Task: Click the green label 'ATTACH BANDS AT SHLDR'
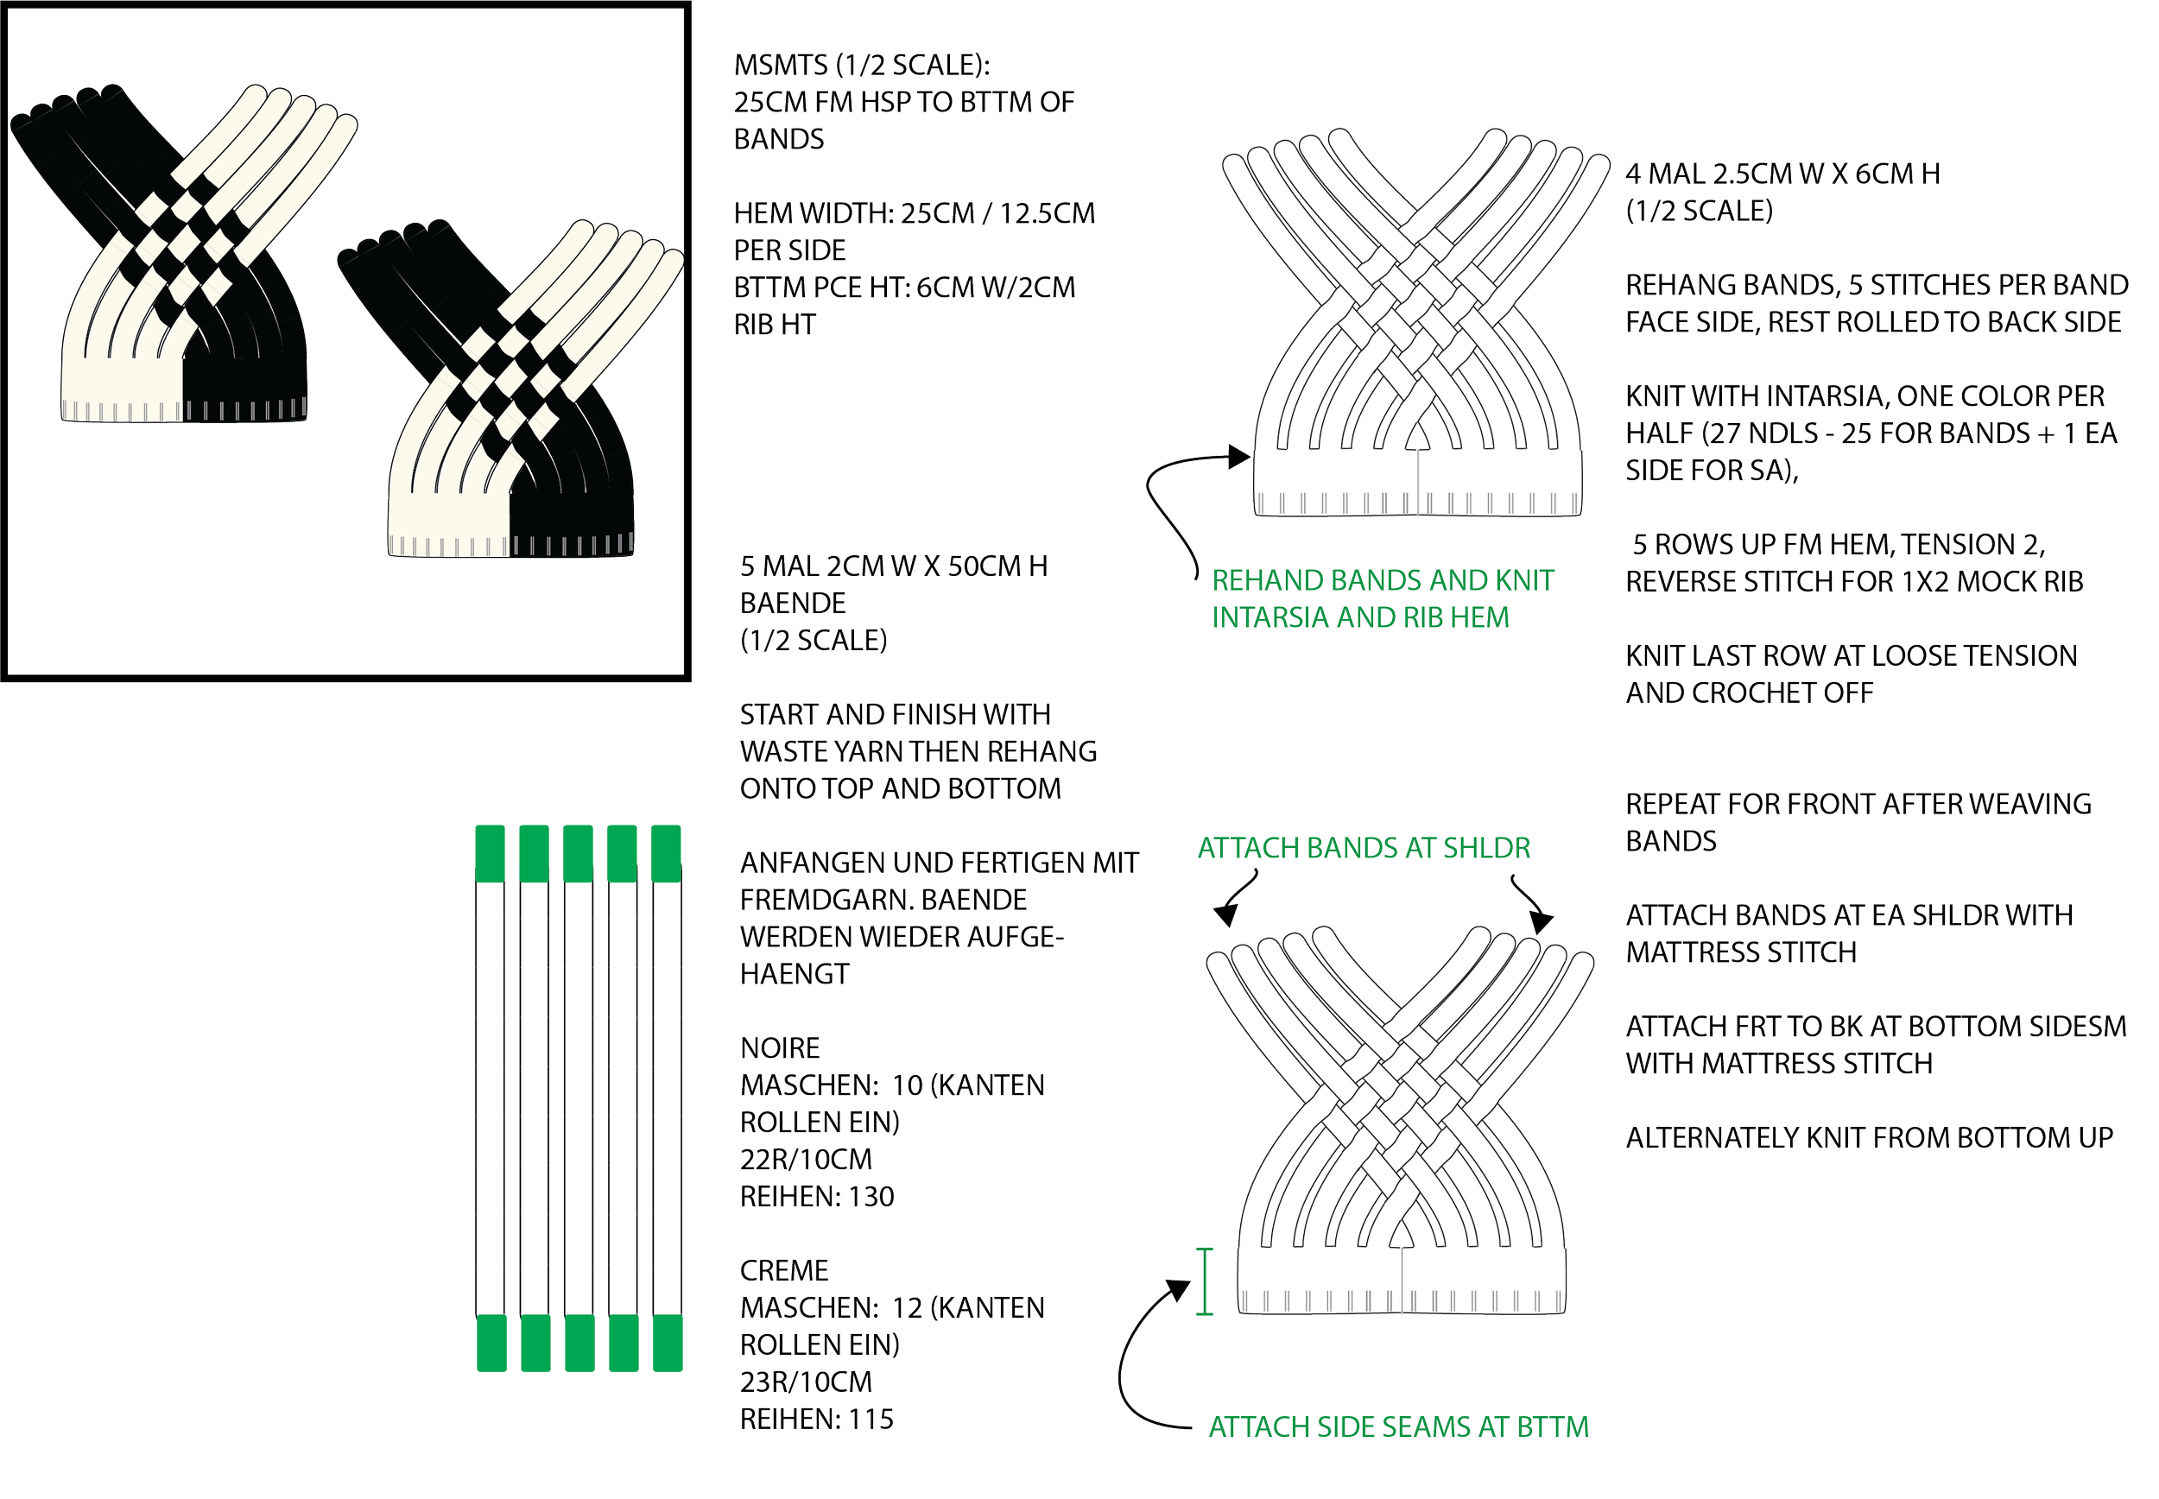pyautogui.click(x=1364, y=849)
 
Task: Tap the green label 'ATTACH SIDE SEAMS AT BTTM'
pyautogui.click(x=1398, y=1427)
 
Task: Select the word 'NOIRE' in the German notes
pyautogui.click(x=780, y=1048)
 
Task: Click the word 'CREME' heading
pyautogui.click(x=784, y=1270)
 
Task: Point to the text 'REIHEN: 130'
pyautogui.click(x=817, y=1197)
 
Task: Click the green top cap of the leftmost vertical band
pyautogui.click(x=491, y=853)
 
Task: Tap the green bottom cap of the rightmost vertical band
pyautogui.click(x=667, y=1343)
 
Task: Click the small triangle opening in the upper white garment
pyautogui.click(x=1415, y=440)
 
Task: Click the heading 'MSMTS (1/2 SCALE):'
pyautogui.click(x=862, y=66)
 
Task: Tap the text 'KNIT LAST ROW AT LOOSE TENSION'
pyautogui.click(x=1851, y=655)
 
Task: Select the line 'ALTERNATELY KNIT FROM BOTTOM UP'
pyautogui.click(x=1869, y=1138)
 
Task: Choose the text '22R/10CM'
pyautogui.click(x=806, y=1160)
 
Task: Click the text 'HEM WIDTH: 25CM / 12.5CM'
pyautogui.click(x=914, y=214)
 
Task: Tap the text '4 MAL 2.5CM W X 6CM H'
pyautogui.click(x=1782, y=174)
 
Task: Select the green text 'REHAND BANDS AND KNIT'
pyautogui.click(x=1383, y=580)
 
